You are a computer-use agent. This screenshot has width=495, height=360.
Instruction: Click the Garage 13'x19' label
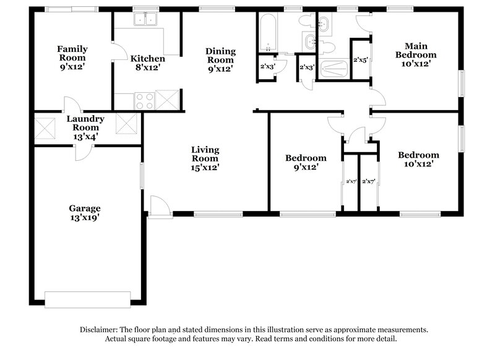click(85, 213)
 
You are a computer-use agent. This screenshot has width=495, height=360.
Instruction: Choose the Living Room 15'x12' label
click(205, 158)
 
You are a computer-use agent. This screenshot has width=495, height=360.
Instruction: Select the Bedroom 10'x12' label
click(418, 160)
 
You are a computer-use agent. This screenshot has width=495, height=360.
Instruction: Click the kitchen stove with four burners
click(144, 100)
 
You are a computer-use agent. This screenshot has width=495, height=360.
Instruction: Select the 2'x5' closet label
click(361, 61)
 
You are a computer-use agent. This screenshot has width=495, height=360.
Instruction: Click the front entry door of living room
click(159, 206)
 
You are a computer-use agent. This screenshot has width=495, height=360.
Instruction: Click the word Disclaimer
click(101, 330)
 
